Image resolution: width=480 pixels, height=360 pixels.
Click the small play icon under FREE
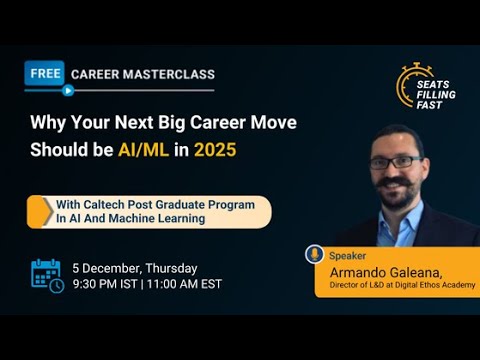(x=67, y=90)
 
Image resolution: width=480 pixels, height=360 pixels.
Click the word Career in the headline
(x=207, y=122)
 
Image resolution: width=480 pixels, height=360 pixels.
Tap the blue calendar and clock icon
(x=46, y=275)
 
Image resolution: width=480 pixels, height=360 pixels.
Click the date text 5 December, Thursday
(x=134, y=268)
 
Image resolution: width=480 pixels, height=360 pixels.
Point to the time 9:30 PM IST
(x=105, y=284)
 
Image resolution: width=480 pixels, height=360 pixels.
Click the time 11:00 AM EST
(x=184, y=284)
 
